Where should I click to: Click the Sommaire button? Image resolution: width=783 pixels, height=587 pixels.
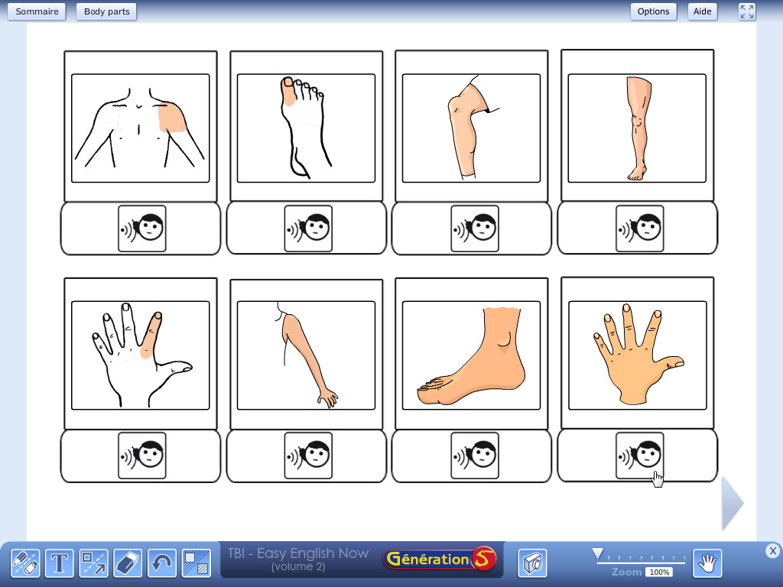(x=37, y=11)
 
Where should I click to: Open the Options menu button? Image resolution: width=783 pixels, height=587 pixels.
(x=653, y=11)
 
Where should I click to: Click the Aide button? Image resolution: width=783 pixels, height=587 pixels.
(x=702, y=11)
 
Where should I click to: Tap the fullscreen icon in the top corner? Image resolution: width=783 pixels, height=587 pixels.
(x=747, y=11)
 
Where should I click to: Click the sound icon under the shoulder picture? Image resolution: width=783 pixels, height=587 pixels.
(x=141, y=229)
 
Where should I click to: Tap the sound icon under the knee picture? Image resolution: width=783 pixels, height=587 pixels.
(x=474, y=229)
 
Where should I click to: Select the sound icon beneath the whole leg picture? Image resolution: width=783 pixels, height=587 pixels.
(x=640, y=229)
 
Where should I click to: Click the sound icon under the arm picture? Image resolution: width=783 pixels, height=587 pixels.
(x=308, y=456)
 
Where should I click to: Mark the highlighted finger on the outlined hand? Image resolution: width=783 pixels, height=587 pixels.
(x=151, y=335)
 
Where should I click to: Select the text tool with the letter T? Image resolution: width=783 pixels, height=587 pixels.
(x=60, y=563)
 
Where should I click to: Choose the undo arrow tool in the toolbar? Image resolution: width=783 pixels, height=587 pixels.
(x=162, y=563)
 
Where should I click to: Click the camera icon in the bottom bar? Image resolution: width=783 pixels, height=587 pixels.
(x=532, y=563)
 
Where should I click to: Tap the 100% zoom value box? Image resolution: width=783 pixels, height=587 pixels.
(x=659, y=572)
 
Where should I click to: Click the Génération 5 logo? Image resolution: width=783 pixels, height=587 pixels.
(x=440, y=559)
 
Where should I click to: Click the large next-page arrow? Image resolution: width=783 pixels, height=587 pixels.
(x=733, y=503)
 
